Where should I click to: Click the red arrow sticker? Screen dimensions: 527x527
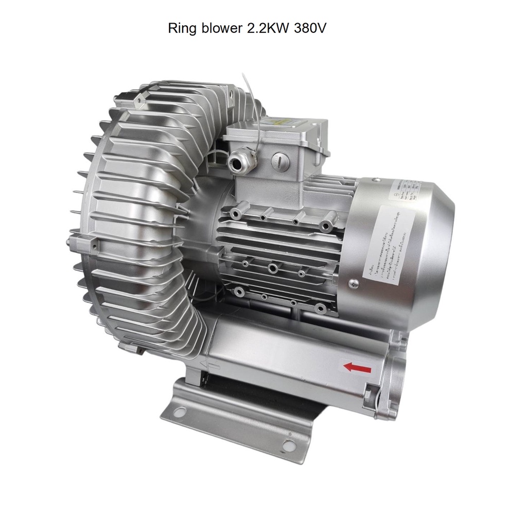pyautogui.click(x=357, y=367)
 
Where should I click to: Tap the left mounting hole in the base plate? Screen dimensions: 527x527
pyautogui.click(x=180, y=411)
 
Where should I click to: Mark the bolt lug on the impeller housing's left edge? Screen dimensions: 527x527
pyautogui.click(x=77, y=241)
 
